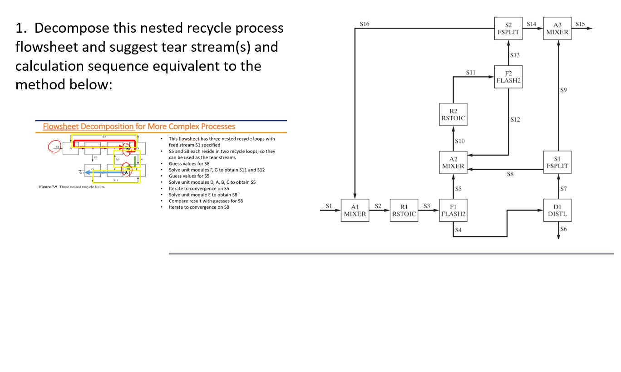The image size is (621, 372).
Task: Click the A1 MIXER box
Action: (x=355, y=210)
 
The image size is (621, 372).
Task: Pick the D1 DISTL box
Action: (x=557, y=210)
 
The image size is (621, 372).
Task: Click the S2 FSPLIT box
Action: (x=508, y=29)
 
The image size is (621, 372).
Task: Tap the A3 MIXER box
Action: (x=557, y=29)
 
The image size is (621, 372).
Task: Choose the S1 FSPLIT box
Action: (x=557, y=163)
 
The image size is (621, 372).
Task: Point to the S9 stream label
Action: (x=564, y=90)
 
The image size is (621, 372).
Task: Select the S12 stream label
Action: (x=515, y=120)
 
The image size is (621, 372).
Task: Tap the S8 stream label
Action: (x=510, y=174)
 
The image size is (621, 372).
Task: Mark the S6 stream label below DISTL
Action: (x=564, y=229)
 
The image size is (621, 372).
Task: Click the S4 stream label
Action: (x=459, y=230)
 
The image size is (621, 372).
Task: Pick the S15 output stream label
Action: (x=580, y=23)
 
